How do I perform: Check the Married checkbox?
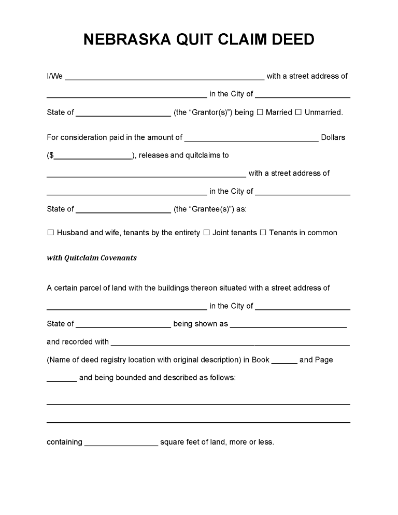tap(260, 112)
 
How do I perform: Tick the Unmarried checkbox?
tap(298, 112)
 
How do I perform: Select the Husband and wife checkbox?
tap(51, 233)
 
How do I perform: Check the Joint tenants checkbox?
tap(206, 233)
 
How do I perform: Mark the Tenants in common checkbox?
tap(263, 233)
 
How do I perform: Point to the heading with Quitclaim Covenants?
tap(92, 258)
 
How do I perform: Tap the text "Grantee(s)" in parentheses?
tap(204, 209)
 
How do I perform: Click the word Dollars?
tap(333, 138)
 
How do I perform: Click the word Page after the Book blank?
tap(324, 360)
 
